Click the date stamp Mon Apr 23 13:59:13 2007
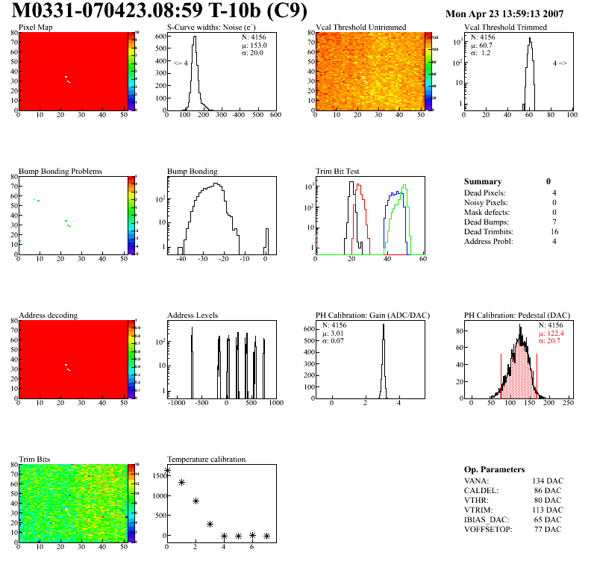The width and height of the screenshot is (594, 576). (504, 13)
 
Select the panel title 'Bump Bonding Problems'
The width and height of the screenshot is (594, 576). (60, 171)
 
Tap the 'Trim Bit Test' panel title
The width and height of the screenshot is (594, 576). (337, 171)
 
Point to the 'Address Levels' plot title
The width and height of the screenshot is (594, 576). (193, 315)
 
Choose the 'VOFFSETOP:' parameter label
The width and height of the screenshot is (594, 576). (489, 529)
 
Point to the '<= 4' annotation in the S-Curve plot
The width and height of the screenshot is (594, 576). (181, 63)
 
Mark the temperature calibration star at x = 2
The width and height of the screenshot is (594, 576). (196, 501)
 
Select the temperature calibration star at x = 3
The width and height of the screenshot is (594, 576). (210, 524)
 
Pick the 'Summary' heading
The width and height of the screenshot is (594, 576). (483, 181)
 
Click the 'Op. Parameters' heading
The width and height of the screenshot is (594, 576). (494, 469)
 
